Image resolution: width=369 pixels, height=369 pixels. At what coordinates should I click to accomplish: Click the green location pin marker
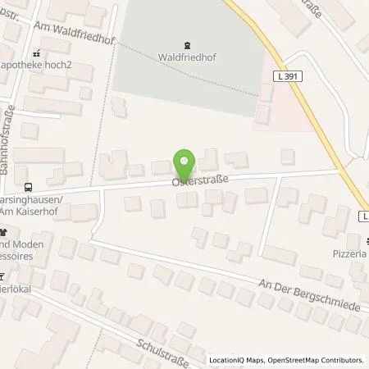[x=184, y=162]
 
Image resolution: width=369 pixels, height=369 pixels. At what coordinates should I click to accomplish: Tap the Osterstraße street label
[x=198, y=178]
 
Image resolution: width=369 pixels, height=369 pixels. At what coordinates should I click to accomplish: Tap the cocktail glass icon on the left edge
[x=2, y=276]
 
